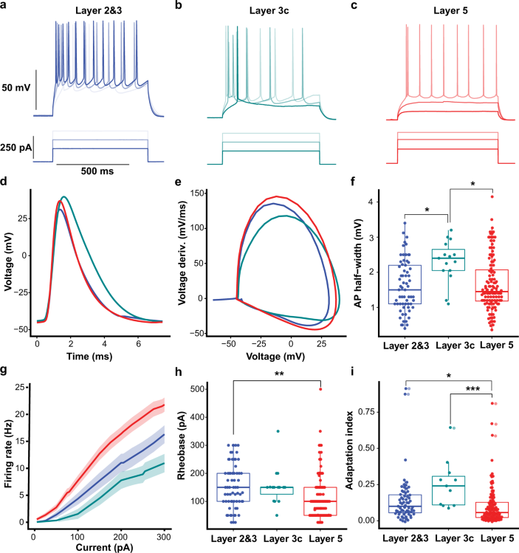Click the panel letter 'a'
tap(7, 7)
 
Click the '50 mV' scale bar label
tap(16, 88)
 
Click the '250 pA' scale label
tap(18, 148)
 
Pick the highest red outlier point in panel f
tap(470, 196)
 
